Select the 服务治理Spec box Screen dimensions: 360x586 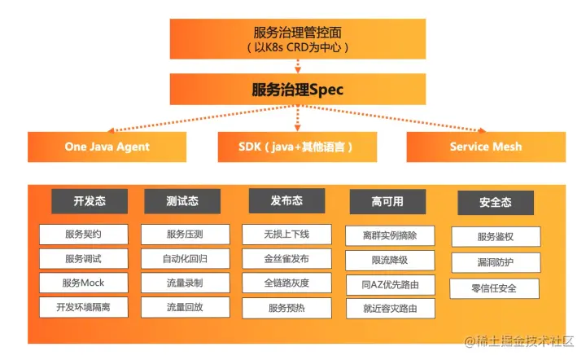click(297, 90)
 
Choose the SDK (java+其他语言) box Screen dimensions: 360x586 click(297, 147)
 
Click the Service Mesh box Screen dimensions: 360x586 click(486, 147)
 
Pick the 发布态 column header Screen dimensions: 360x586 click(286, 200)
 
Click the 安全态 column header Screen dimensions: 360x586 click(495, 203)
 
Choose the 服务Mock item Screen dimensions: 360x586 click(83, 283)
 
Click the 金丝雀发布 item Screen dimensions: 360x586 click(286, 259)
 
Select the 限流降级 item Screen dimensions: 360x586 click(390, 261)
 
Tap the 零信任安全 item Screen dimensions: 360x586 click(494, 288)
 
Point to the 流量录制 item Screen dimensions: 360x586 click(185, 283)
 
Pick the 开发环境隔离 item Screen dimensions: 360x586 click(83, 307)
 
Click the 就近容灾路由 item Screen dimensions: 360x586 click(390, 309)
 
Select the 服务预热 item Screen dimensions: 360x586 click(286, 308)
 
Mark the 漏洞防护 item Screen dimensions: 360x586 click(495, 262)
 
